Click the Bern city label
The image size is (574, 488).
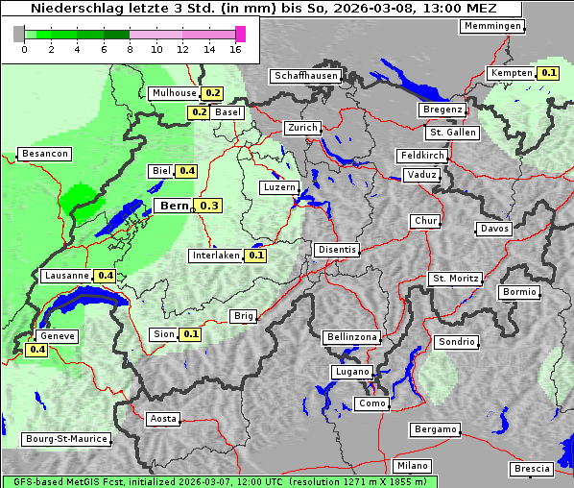[x=174, y=206]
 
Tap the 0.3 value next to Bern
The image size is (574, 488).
[x=209, y=206]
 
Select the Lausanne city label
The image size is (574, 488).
[x=66, y=276]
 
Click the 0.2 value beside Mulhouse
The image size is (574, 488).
[x=212, y=93]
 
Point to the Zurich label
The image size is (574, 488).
[x=302, y=128]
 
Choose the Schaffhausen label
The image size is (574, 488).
[x=305, y=76]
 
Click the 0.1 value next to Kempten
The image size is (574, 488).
[x=548, y=73]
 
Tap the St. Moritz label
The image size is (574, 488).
[x=455, y=279]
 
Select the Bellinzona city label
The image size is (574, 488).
[x=352, y=337]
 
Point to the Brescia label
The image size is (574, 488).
[x=532, y=469]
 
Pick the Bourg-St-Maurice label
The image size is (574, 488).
[x=66, y=439]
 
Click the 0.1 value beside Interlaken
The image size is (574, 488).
[x=255, y=256]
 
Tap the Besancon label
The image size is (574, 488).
[x=45, y=154]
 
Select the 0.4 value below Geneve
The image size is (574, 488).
[x=37, y=350]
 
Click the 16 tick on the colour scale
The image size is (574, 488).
[x=235, y=49]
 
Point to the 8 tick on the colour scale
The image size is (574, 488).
[x=130, y=49]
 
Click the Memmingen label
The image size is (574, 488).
[x=492, y=26]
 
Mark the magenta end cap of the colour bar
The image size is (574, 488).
[x=240, y=34]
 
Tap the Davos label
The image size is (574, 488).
[x=494, y=229]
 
